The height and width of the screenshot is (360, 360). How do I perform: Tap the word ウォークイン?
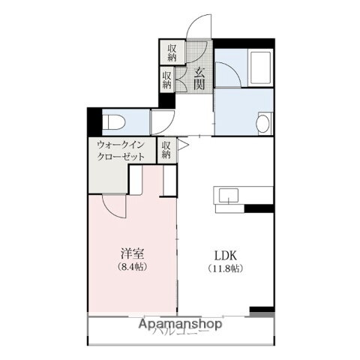point(120,145)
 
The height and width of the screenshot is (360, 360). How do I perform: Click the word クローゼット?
point(120,157)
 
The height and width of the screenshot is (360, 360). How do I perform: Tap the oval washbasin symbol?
point(262,123)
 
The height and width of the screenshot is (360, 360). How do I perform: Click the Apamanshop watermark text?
point(181,325)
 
